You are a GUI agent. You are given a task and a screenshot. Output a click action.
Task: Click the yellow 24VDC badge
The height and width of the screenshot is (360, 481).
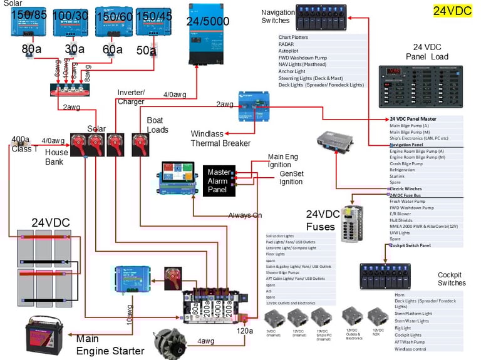tap(452, 10)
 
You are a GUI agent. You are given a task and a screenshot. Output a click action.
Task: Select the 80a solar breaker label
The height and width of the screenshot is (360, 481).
tap(32, 48)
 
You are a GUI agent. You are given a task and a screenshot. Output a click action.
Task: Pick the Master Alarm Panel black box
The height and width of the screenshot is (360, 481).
tap(219, 180)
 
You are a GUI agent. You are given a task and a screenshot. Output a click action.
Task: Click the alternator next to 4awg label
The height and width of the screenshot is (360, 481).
tap(169, 343)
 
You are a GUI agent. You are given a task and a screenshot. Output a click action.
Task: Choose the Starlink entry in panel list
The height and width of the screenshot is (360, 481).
tap(399, 175)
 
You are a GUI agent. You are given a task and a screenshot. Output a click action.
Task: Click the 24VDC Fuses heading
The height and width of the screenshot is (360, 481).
tap(323, 220)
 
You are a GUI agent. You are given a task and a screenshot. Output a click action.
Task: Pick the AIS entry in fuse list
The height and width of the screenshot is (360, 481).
tap(269, 291)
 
